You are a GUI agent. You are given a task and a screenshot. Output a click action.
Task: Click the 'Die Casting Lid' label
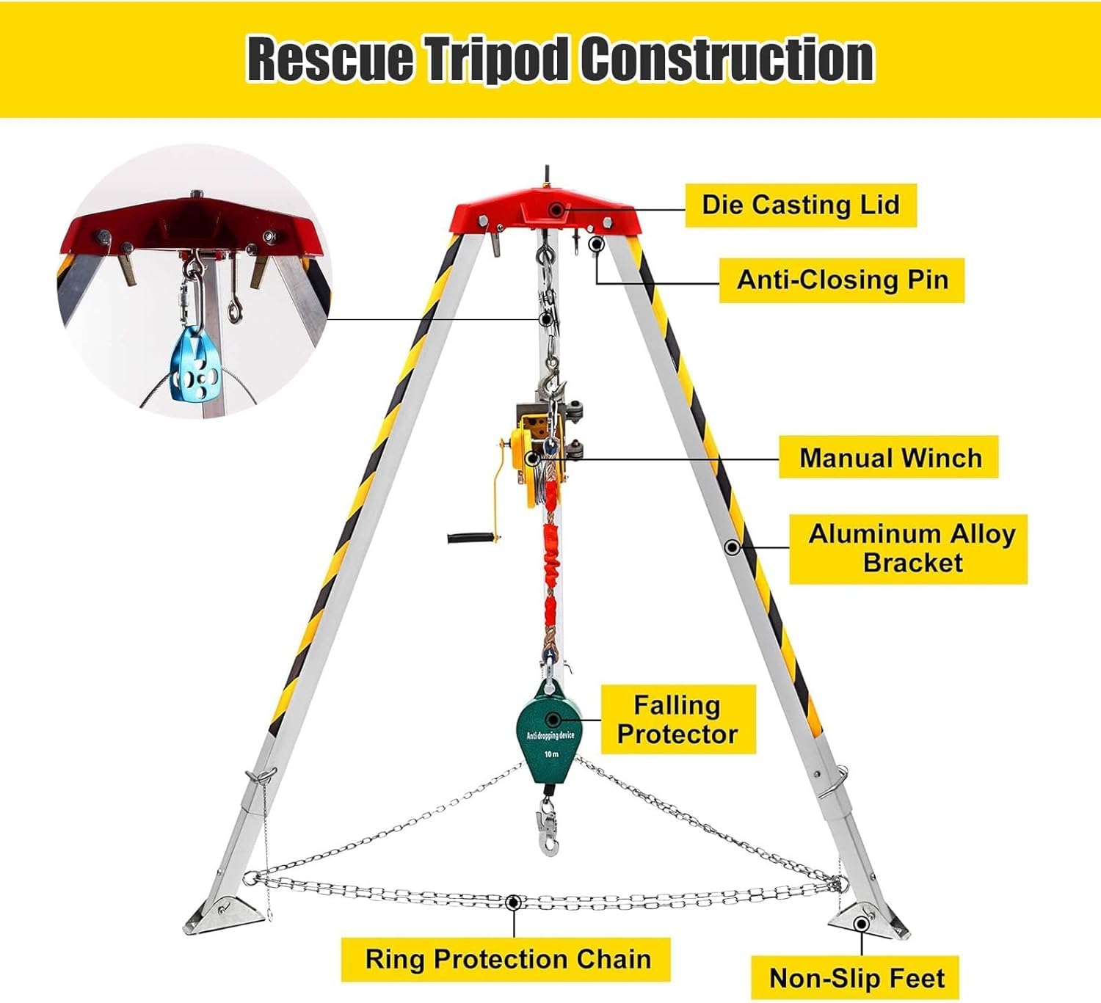coord(801,205)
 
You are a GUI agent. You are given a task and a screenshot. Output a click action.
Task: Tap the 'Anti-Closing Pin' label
coord(842,280)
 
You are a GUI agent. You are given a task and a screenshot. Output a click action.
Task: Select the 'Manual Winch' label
coord(889,458)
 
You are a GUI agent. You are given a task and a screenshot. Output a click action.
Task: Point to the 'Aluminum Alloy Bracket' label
coord(909,549)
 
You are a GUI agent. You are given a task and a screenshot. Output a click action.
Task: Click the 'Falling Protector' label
coord(678,720)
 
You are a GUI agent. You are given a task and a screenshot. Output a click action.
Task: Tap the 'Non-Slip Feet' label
coord(855,978)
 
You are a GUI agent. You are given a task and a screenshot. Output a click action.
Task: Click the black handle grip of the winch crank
coord(470,537)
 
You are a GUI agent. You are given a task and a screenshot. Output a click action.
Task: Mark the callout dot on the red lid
coord(556,209)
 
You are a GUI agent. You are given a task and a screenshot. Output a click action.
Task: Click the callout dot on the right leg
coord(733,547)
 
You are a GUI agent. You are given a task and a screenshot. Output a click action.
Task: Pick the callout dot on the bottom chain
coord(514,902)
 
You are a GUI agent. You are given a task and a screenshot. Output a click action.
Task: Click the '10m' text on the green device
coord(551,754)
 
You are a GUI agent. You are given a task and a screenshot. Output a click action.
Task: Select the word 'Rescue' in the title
coord(330,59)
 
